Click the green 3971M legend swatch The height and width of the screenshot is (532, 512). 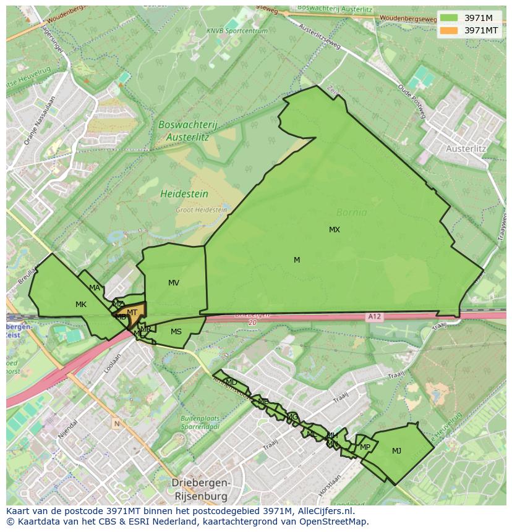[450, 18]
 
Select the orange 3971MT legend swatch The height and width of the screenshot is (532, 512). [450, 30]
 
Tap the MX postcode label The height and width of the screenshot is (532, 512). [335, 230]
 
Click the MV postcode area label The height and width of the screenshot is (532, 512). [174, 283]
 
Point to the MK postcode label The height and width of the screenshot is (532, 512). [81, 305]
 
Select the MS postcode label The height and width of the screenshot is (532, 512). [176, 332]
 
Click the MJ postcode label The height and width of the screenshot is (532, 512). [396, 451]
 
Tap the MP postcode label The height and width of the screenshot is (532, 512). [365, 447]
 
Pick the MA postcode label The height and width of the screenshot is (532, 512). [95, 288]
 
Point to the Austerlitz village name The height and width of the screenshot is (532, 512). [466, 149]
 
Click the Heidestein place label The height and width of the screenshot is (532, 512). [184, 194]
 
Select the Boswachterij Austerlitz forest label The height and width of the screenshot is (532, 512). [188, 129]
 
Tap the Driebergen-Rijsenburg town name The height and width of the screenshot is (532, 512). [200, 489]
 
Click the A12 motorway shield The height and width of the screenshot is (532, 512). [374, 317]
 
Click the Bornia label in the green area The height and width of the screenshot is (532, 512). [351, 213]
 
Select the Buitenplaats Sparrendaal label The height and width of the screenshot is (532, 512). [200, 422]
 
